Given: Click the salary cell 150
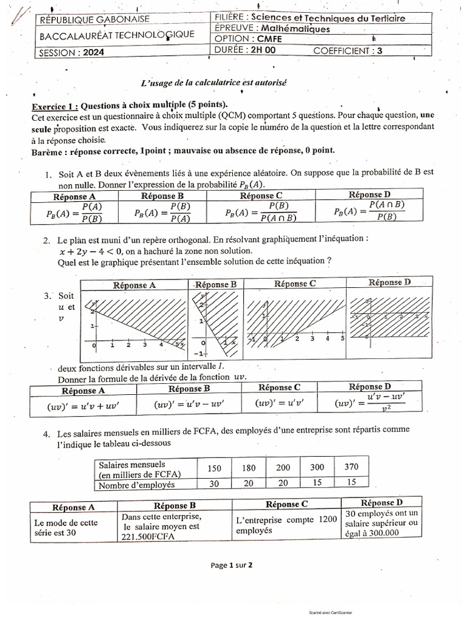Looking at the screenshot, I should (214, 468).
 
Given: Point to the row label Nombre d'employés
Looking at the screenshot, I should (137, 485).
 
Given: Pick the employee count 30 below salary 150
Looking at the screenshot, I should (214, 484).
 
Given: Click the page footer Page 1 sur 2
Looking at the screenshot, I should (232, 564).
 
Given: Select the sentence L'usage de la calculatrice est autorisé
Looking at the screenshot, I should (213, 81).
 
